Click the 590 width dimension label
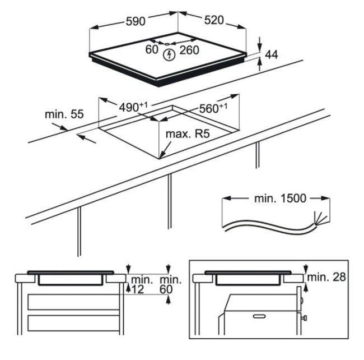click(136, 21)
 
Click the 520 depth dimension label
click(214, 20)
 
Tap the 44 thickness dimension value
click(272, 55)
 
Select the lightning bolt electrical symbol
click(169, 55)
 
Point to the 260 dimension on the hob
click(189, 50)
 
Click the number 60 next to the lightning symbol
click(152, 49)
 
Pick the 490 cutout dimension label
click(133, 107)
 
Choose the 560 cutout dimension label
click(213, 108)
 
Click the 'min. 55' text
click(64, 114)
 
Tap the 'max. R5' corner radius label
click(188, 133)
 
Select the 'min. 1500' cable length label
click(280, 199)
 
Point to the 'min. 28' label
click(326, 277)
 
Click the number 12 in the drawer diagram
click(138, 289)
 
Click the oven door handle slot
click(260, 316)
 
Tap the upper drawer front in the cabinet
click(73, 302)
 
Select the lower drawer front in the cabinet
click(73, 323)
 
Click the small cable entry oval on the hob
click(167, 44)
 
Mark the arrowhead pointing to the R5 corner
click(162, 155)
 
